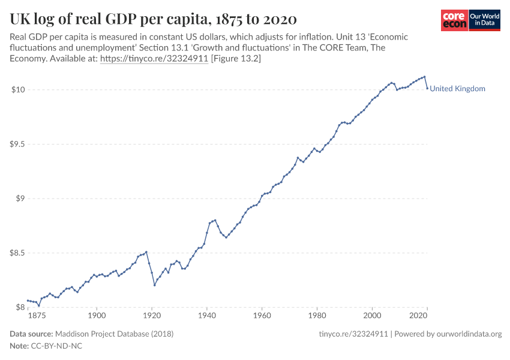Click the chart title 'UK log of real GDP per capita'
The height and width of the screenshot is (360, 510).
click(x=153, y=19)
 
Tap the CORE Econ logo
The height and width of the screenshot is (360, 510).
click(x=454, y=20)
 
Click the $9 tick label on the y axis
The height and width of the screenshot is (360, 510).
click(x=19, y=199)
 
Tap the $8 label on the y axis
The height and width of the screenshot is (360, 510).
click(x=19, y=307)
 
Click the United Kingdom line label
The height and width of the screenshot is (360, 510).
click(x=457, y=89)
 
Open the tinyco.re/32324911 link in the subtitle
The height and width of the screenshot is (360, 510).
click(x=154, y=59)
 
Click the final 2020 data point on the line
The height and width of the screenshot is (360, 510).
click(x=427, y=89)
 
